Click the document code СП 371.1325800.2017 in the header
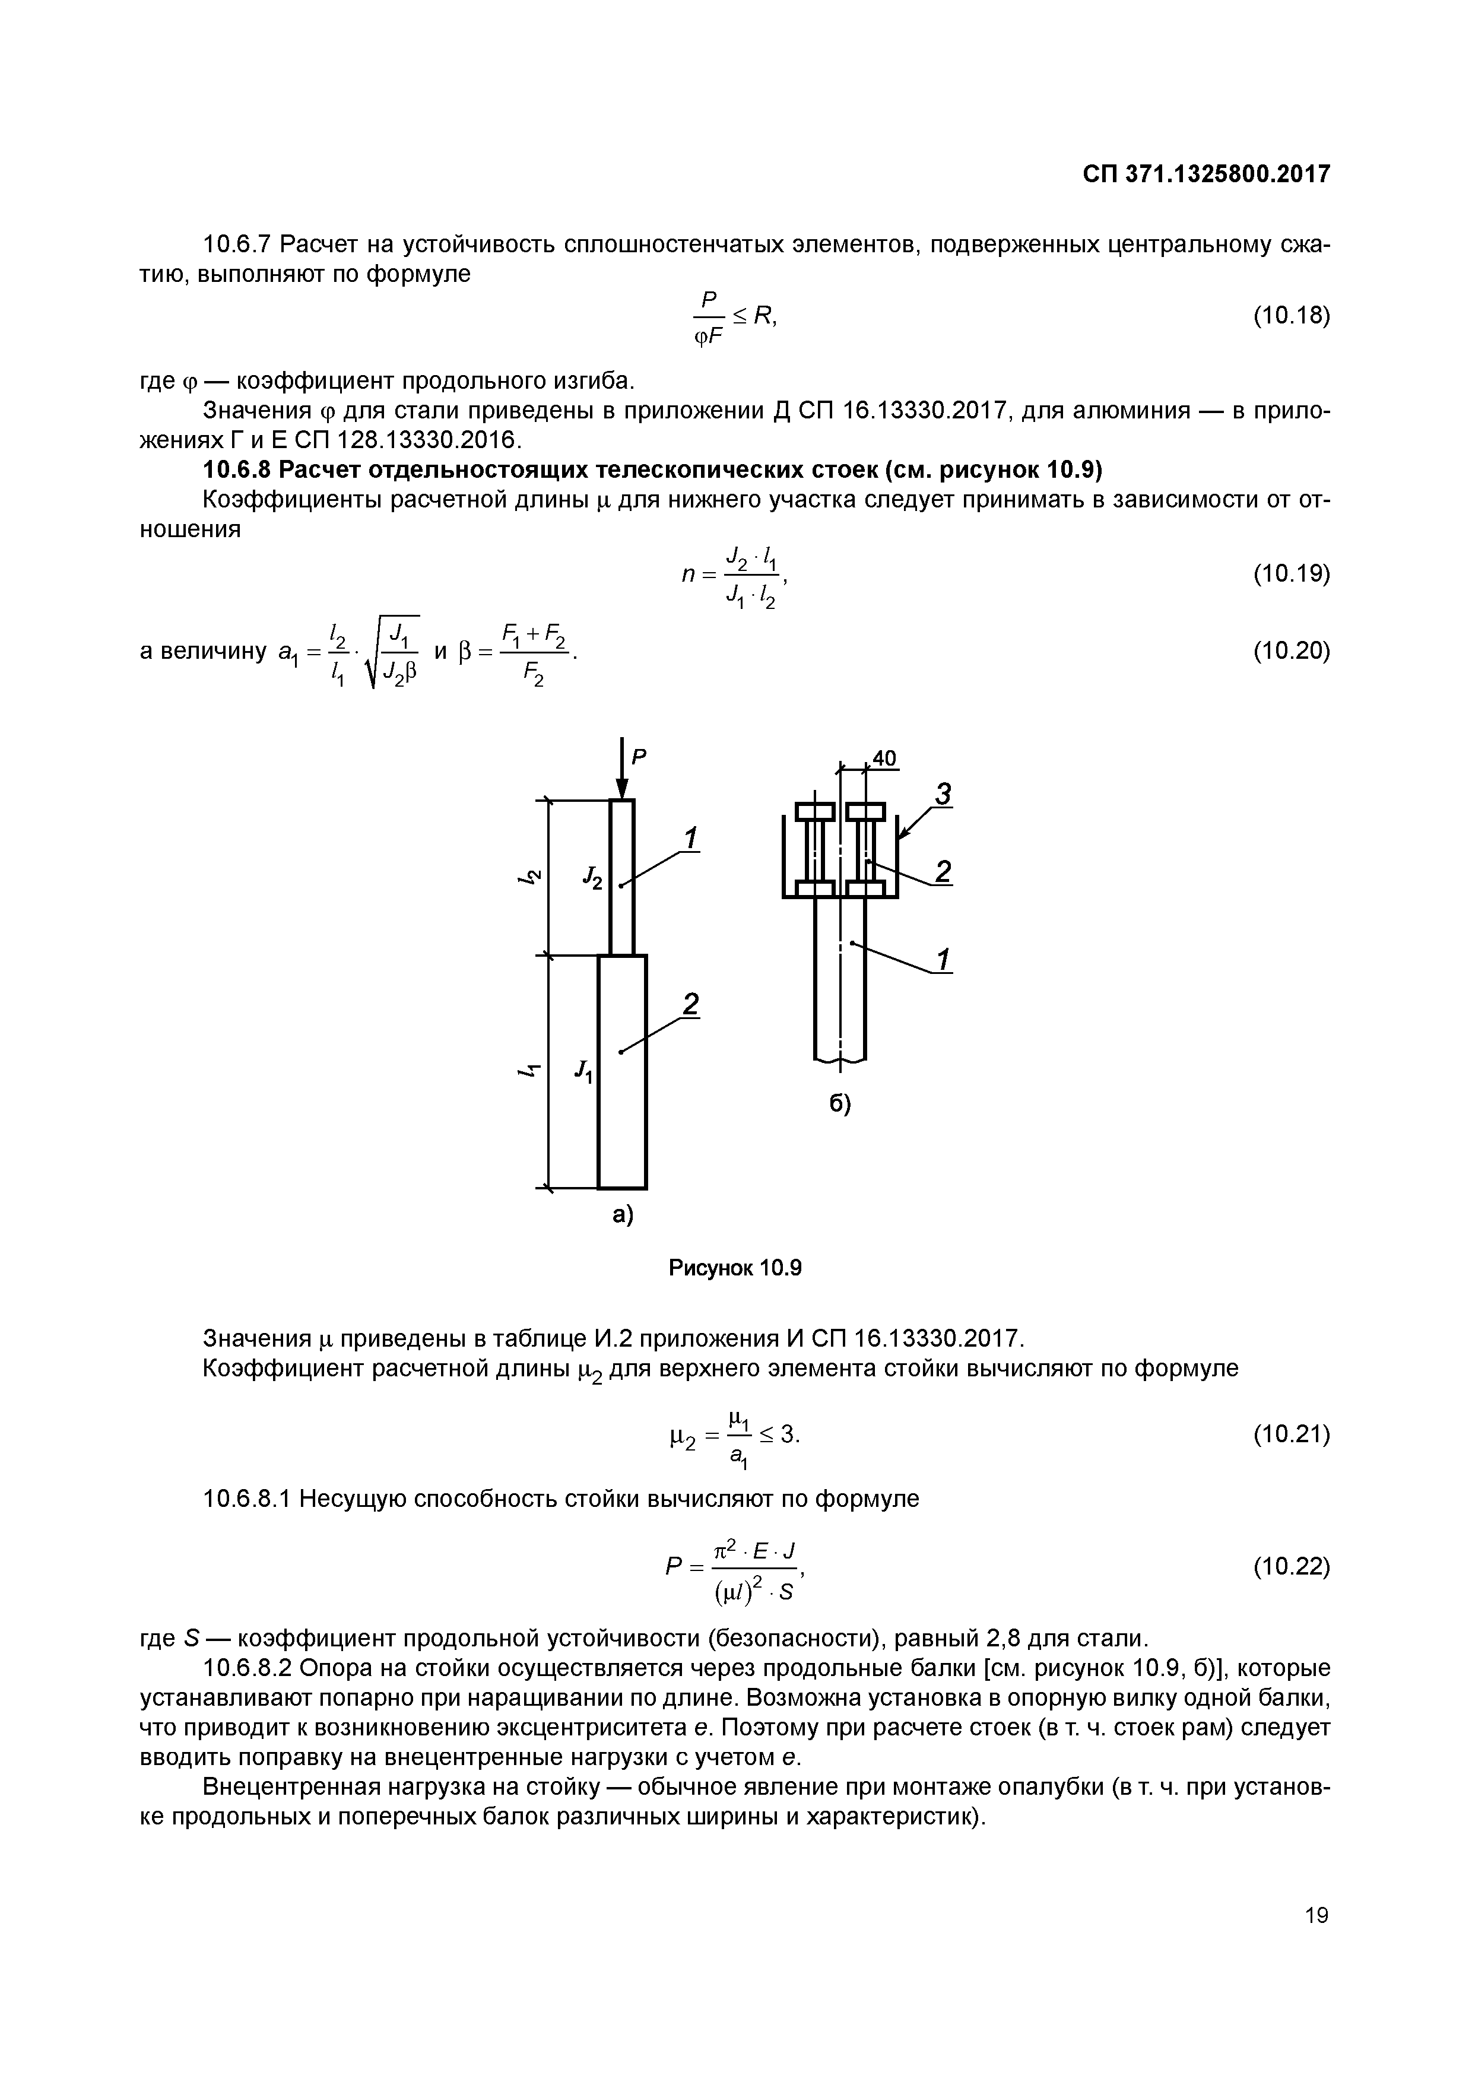click(1205, 174)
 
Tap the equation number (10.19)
click(1290, 573)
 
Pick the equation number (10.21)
click(1290, 1434)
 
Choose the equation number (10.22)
click(1290, 1566)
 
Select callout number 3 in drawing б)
click(943, 795)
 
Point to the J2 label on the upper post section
click(592, 877)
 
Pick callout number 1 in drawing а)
click(691, 839)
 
